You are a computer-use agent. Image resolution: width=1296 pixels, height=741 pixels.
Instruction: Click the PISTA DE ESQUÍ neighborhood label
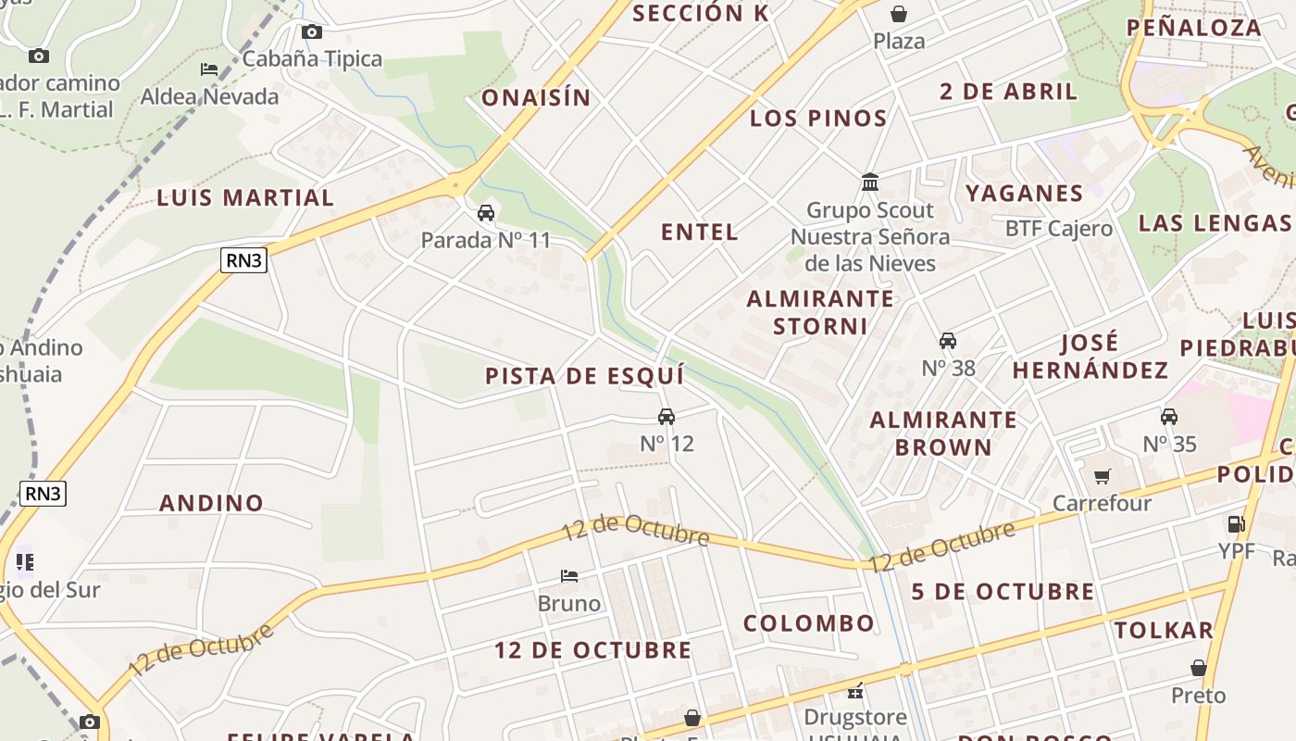[585, 376]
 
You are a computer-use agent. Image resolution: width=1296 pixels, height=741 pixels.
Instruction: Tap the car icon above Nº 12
[667, 417]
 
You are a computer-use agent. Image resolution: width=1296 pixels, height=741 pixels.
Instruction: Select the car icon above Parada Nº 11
[486, 214]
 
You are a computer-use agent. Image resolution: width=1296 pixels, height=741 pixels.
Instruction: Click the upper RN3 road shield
[244, 260]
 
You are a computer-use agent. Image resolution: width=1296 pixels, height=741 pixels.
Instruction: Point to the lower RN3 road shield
[44, 493]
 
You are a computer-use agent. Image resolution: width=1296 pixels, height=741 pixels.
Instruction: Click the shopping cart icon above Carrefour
[1102, 477]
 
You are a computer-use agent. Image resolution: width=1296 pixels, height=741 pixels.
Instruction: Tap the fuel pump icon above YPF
[1236, 524]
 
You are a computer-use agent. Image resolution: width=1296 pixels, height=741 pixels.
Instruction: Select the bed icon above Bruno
[569, 576]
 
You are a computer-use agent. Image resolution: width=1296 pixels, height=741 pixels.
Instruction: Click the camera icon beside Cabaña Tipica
[312, 32]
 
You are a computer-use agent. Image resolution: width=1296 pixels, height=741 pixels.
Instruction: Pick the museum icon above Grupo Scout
[870, 182]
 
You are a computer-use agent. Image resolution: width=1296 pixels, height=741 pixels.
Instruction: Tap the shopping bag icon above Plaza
[898, 14]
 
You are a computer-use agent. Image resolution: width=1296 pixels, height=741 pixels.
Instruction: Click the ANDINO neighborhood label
[212, 503]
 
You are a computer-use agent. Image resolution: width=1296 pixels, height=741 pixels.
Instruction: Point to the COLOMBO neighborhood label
[809, 623]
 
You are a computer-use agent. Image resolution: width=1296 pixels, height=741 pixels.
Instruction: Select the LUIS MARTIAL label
[245, 197]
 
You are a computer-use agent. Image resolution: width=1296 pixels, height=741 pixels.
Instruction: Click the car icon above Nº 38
[948, 341]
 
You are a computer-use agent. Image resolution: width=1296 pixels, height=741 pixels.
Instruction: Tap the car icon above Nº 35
[1169, 417]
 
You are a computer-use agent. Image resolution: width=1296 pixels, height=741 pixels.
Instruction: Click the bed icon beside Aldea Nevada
[209, 69]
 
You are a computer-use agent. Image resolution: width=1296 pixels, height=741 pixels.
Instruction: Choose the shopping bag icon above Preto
[1199, 668]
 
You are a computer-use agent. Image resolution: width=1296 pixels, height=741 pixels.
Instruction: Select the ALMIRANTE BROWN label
[943, 433]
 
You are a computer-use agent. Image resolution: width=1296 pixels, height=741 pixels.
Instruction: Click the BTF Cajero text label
[1059, 229]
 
